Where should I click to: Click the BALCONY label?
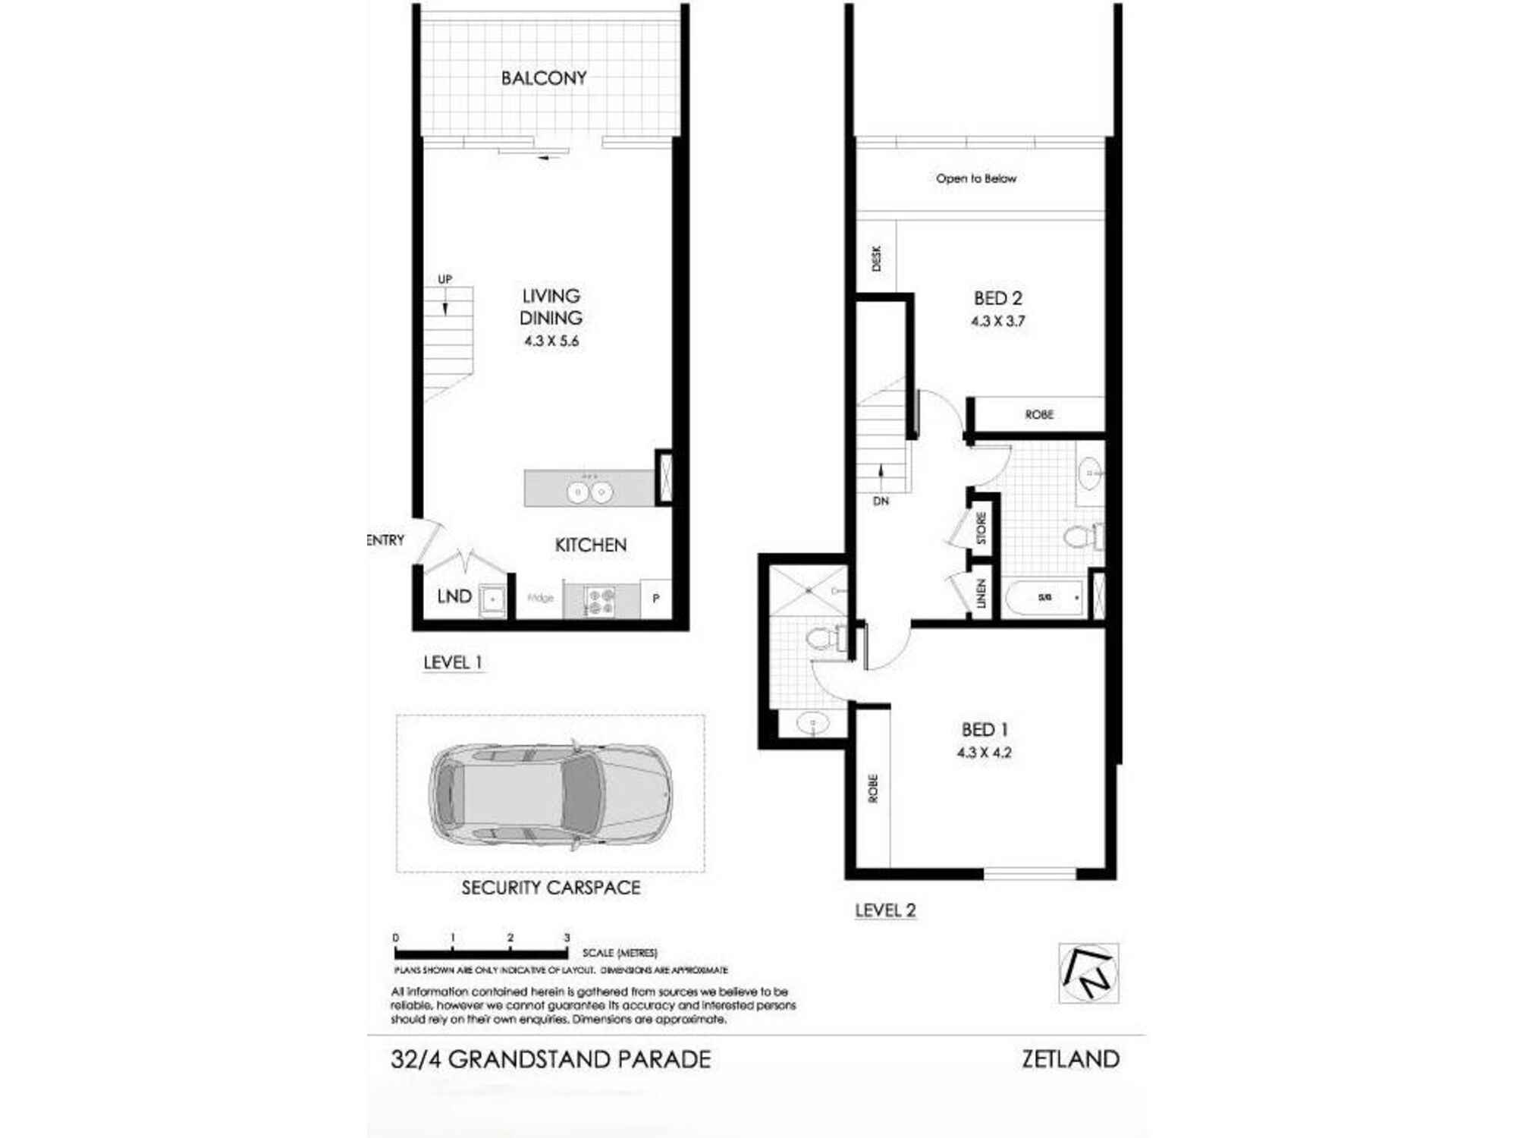tap(544, 78)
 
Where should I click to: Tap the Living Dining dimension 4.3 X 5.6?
tap(551, 341)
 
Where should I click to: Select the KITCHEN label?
tap(591, 545)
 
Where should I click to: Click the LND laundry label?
tap(454, 597)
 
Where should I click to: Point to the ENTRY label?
tap(386, 540)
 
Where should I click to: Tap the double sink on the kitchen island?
tap(589, 492)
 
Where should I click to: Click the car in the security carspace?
tap(551, 794)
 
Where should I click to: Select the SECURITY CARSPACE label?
tap(551, 888)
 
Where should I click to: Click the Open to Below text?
tap(976, 178)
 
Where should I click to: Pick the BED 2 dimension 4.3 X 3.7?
tap(998, 322)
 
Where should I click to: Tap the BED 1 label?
tap(985, 730)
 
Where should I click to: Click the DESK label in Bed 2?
tap(877, 258)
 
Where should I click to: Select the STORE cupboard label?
tap(981, 528)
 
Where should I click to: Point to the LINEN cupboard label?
tap(981, 593)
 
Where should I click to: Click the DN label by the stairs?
tap(881, 501)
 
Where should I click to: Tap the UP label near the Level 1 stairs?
tap(444, 279)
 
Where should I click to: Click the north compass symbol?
tap(1088, 973)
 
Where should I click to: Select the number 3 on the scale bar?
tap(567, 938)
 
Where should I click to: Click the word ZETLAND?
tap(1070, 1059)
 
